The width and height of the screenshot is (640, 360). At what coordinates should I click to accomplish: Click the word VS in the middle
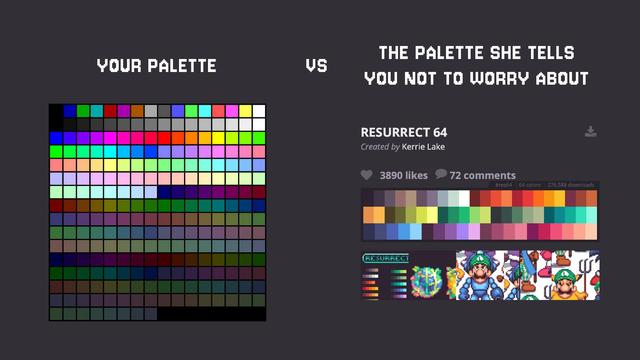tap(316, 66)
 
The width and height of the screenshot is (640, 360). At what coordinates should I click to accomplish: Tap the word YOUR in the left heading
tap(119, 66)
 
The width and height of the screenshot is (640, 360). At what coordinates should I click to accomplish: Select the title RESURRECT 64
tap(404, 132)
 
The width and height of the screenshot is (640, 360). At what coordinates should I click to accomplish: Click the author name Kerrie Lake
tap(424, 147)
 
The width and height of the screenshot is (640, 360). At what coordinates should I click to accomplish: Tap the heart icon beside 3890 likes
tap(367, 175)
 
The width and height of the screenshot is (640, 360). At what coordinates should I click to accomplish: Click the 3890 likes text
tap(404, 175)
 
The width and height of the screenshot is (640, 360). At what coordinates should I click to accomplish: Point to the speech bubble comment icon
tap(441, 175)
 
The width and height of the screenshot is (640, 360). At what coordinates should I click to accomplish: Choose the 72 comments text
tap(483, 175)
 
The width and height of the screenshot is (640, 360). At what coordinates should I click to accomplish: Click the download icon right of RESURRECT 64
tap(591, 131)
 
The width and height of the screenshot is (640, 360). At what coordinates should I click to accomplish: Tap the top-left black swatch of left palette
tap(56, 110)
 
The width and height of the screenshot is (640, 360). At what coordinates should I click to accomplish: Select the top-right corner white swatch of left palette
tap(259, 110)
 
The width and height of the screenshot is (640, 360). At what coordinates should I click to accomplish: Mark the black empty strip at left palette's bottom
tap(211, 314)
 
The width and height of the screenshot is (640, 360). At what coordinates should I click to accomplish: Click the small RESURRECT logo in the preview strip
tap(385, 258)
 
